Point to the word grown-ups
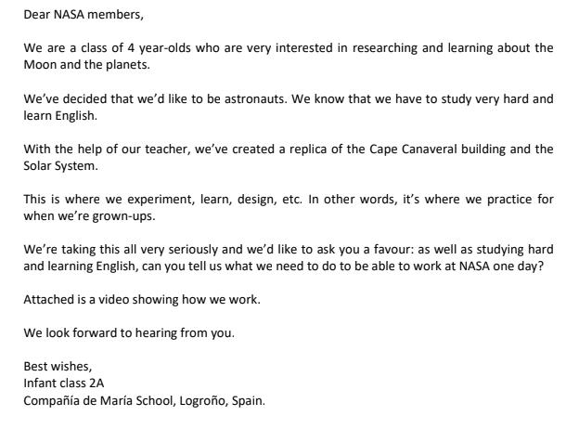click(122, 212)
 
